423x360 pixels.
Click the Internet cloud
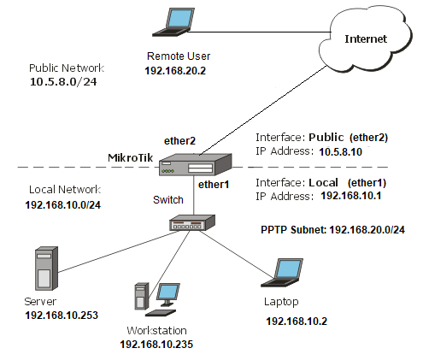365,38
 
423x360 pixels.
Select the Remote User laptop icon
173,22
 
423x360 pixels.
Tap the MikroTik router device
196,164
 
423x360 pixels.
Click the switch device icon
192,222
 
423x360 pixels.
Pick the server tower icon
46,269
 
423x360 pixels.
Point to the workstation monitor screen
168,292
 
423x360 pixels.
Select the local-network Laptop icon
282,273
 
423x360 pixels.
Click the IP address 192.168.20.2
175,71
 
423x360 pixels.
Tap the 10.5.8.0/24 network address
63,82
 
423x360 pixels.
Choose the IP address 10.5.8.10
340,151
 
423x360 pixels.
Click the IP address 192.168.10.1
351,196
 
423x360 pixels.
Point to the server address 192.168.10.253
62,315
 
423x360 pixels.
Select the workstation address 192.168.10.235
156,344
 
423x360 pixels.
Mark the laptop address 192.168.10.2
297,322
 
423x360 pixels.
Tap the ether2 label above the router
179,141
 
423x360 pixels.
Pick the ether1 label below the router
214,185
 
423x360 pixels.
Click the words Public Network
67,68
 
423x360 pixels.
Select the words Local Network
65,190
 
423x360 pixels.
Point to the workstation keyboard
161,312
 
